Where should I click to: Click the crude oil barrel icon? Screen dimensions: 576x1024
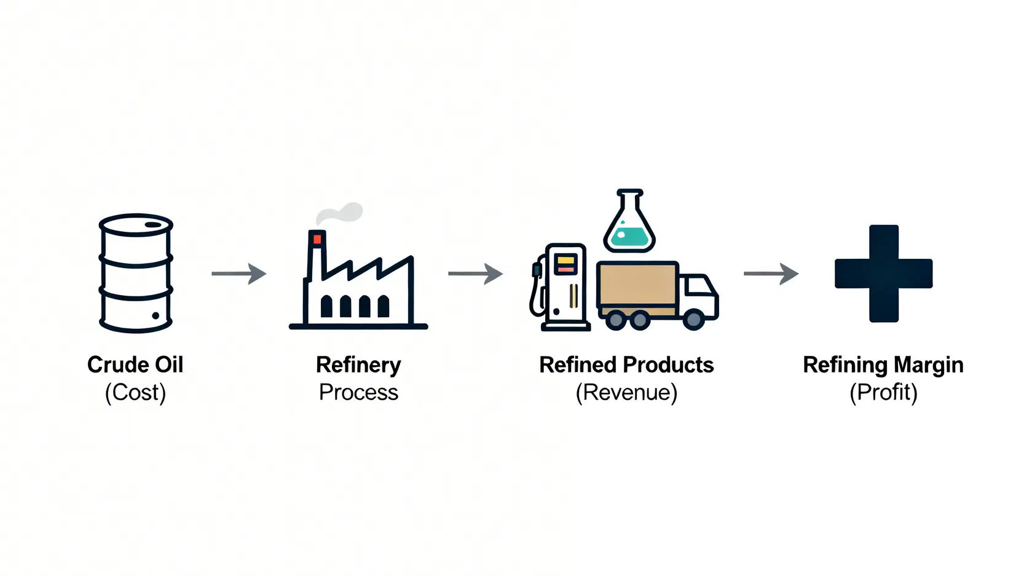point(136,274)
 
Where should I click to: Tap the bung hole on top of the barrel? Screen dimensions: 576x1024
point(152,225)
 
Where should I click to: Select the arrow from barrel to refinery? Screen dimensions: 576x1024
point(238,274)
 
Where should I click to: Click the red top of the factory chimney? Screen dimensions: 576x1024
point(317,239)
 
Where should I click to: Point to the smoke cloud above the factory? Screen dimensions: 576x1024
point(341,213)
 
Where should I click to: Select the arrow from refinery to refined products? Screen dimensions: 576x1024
point(475,274)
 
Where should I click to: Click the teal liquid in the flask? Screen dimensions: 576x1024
point(629,237)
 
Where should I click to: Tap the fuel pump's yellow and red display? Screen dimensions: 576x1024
point(565,265)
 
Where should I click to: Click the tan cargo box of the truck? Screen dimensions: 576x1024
point(637,286)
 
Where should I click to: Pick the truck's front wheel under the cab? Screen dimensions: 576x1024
point(693,319)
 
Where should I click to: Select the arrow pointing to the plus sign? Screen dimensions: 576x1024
point(771,274)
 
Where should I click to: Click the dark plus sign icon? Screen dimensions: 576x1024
point(883,274)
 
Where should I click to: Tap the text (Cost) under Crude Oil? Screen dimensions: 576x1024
point(135,392)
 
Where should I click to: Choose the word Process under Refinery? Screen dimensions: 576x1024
point(358,392)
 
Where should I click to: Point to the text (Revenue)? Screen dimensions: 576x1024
point(626,392)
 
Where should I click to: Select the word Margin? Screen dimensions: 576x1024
point(928,365)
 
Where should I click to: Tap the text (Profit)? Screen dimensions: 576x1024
point(883,392)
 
